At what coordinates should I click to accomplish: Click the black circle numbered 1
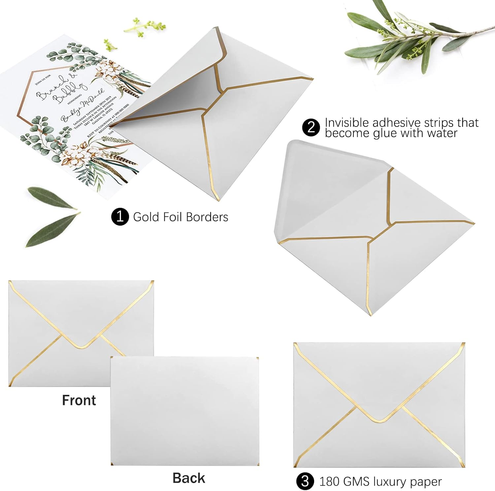coord(120,217)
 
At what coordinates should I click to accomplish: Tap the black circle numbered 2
coord(311,127)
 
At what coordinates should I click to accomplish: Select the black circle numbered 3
coord(305,481)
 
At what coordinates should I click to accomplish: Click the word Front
coord(79,400)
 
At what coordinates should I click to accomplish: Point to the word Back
coord(189,478)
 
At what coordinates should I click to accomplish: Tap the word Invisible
coord(347,123)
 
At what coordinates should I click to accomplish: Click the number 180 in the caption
coord(329,482)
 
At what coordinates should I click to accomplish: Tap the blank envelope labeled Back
coord(185,410)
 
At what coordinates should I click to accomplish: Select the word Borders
coord(207,217)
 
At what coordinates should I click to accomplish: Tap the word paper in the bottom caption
coord(425,482)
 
